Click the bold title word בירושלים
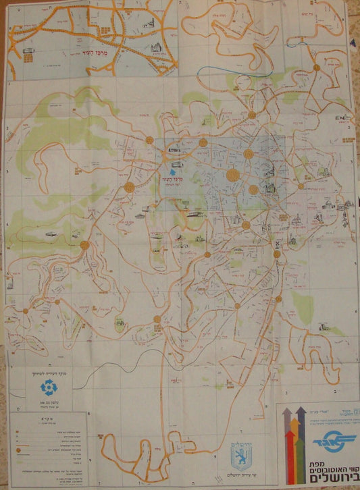[x=328, y=477]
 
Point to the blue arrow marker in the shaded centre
[x=168, y=153]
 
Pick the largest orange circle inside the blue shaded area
[x=233, y=175]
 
